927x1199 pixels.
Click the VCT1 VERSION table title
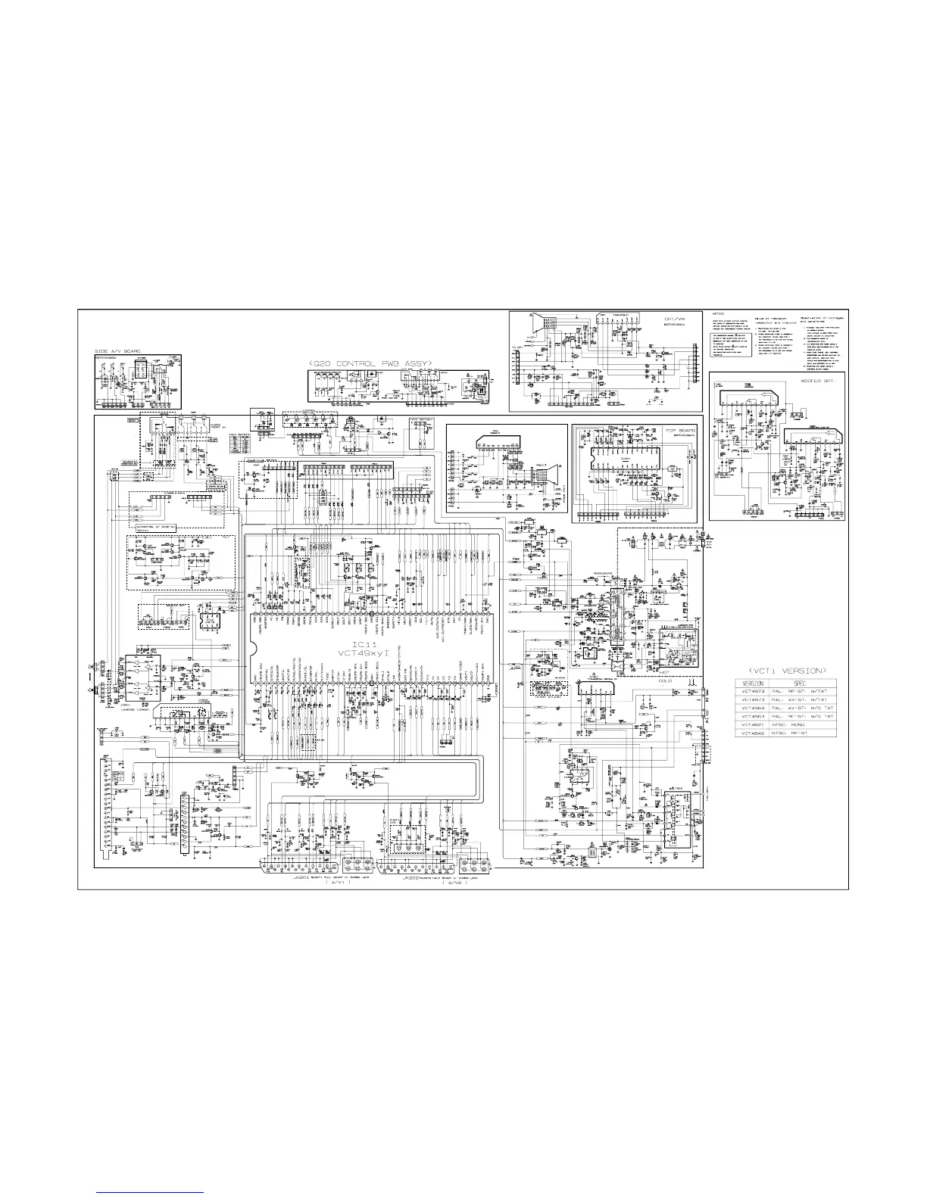click(785, 670)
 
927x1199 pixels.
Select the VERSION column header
click(754, 684)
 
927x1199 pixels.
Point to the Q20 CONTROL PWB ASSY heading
click(370, 364)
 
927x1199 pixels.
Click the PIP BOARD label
click(680, 430)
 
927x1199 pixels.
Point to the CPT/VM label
click(674, 319)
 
